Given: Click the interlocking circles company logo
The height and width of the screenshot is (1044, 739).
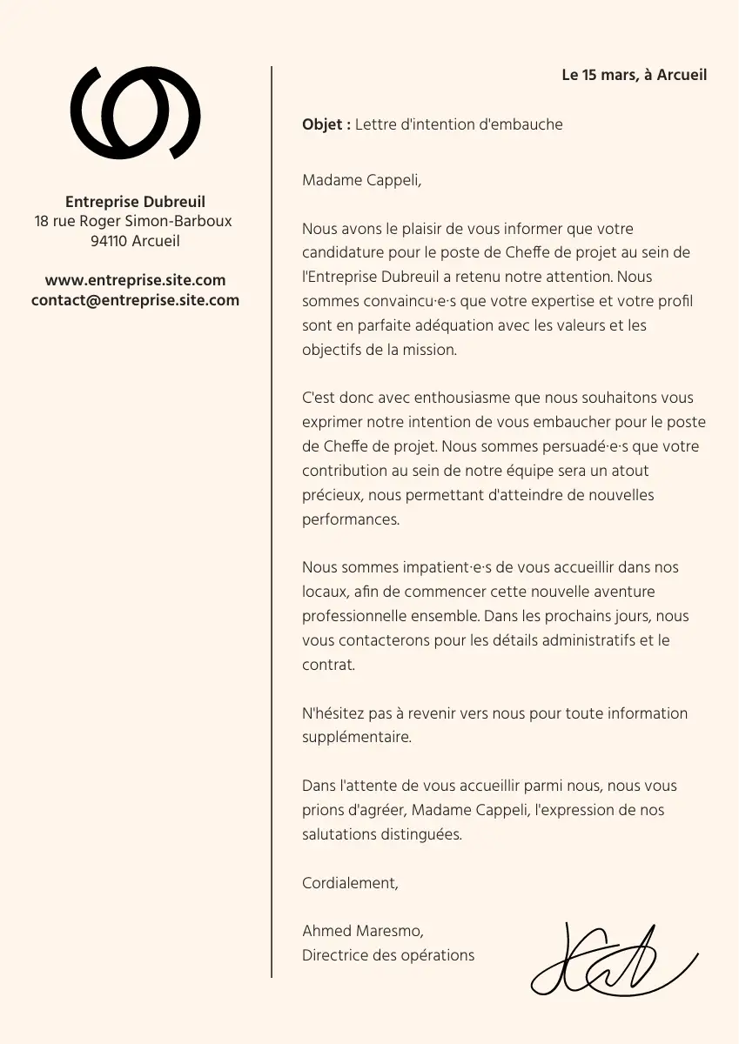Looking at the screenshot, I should [135, 113].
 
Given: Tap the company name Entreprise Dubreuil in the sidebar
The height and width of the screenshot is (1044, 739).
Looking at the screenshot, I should [135, 202].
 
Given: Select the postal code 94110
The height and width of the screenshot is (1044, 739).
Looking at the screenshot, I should [109, 241].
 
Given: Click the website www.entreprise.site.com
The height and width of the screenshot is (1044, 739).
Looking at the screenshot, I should [135, 280].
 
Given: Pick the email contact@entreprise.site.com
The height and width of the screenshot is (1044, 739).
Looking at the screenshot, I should [135, 300].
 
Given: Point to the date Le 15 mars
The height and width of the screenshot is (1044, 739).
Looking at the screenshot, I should [600, 75].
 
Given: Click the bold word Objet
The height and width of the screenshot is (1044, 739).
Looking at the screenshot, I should [324, 124].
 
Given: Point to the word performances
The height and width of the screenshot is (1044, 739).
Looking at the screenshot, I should [350, 519].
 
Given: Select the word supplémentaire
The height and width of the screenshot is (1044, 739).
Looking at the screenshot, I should [356, 737].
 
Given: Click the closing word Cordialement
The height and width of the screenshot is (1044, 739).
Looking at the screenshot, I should [349, 883].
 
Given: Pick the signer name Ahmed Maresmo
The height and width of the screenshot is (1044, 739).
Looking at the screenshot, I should [362, 931].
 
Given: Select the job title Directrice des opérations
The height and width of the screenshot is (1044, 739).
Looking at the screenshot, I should [388, 955].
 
